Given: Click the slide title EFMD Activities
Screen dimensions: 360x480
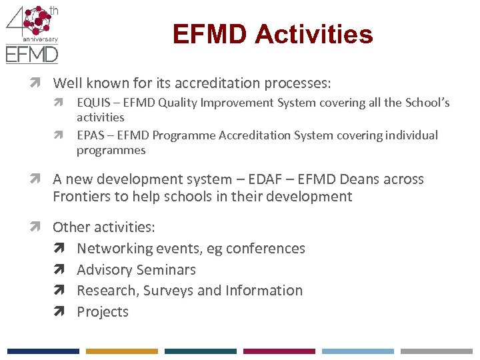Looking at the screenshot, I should coord(272,34).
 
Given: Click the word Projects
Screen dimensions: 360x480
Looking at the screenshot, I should coord(103,312).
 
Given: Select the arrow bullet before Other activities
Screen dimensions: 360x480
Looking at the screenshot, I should coord(42,227).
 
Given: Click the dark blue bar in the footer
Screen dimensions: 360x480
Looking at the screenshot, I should coord(43,351).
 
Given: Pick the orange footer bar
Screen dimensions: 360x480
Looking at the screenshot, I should coord(121,351).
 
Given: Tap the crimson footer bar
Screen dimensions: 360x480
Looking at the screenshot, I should coord(279,351).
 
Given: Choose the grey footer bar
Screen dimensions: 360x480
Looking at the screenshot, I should coord(436,351).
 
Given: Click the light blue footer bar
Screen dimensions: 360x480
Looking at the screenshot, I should coord(357,351).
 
